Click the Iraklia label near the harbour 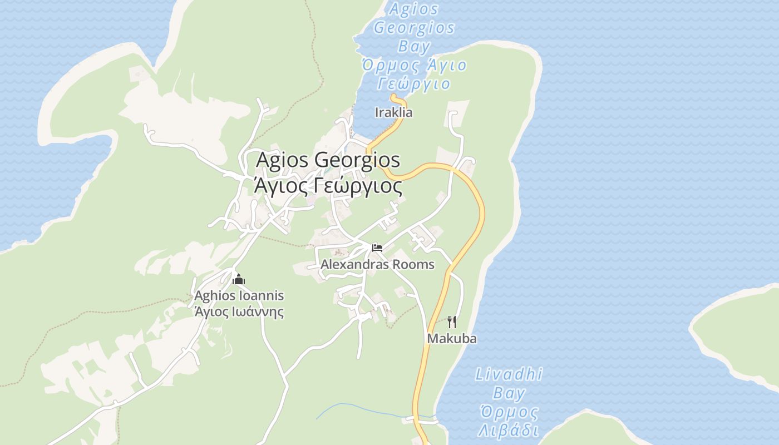[x=394, y=112]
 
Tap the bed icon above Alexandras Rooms [x=377, y=248]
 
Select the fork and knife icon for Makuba [x=452, y=322]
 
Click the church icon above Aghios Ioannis [x=239, y=279]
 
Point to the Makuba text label [x=451, y=338]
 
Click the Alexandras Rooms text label [x=377, y=264]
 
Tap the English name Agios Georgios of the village [x=328, y=160]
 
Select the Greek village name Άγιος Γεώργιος [x=328, y=186]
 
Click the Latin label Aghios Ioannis [x=239, y=296]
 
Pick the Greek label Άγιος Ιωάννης [x=239, y=311]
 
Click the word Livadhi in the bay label [x=509, y=374]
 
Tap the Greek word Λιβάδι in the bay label [x=508, y=431]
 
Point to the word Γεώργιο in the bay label [x=413, y=84]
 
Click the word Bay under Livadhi [x=509, y=393]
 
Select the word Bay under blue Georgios [x=415, y=46]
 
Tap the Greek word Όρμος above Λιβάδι [x=509, y=412]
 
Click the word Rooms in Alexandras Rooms [x=413, y=264]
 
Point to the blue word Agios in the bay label [x=414, y=9]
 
